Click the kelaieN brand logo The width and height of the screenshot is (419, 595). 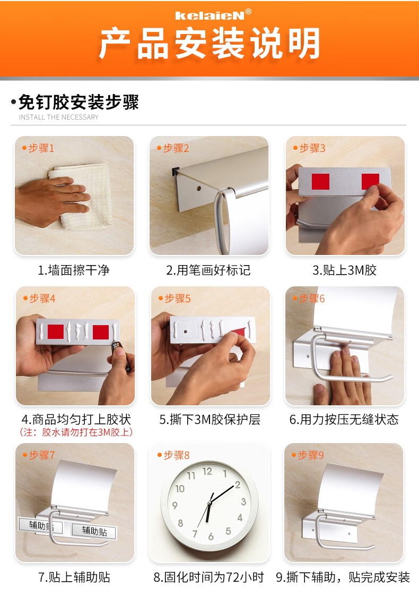click(213, 15)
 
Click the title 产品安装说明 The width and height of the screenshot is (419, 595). click(210, 44)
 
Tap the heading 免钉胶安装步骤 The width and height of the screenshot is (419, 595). click(79, 102)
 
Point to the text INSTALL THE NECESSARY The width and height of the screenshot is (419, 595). click(59, 117)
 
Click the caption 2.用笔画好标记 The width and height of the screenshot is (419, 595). click(208, 270)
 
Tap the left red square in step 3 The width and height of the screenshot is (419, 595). click(320, 182)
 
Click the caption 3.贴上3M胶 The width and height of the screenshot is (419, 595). click(344, 270)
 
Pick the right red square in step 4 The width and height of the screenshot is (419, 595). click(101, 333)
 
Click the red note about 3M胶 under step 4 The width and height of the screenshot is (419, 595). click(76, 432)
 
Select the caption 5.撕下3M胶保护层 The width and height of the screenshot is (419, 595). click(210, 419)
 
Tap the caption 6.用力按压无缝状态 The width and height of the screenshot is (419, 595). click(344, 419)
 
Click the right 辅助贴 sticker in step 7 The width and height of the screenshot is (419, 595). click(94, 531)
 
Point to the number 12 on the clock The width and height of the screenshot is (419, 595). click(207, 471)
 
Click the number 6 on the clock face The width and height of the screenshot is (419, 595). click(211, 537)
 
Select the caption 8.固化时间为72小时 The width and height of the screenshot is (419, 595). click(209, 577)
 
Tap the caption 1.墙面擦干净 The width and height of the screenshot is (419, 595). click(74, 270)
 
